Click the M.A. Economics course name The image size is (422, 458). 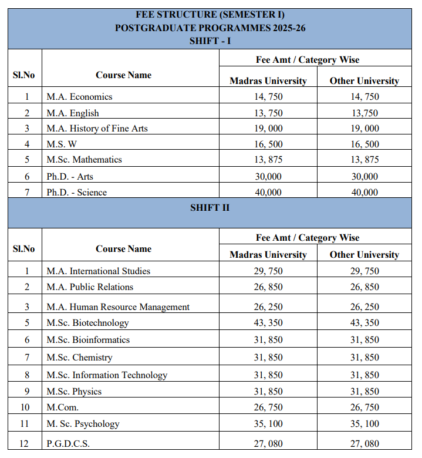[79, 97]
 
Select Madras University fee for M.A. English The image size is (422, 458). [268, 113]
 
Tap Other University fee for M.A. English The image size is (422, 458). [364, 113]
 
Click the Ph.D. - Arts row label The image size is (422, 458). [70, 176]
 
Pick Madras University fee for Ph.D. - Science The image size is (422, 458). [268, 192]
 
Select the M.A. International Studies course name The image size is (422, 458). [99, 271]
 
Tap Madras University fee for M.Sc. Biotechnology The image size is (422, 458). [268, 323]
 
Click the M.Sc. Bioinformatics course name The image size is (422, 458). [88, 340]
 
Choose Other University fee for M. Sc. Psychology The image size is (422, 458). [364, 424]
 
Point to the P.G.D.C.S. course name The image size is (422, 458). [68, 444]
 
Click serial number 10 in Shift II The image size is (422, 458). [24, 407]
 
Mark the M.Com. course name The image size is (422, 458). [63, 407]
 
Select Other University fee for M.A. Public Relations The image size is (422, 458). [364, 287]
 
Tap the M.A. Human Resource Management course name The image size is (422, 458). [118, 307]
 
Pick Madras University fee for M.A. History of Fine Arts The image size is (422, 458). [268, 129]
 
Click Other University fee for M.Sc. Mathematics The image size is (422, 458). [364, 160]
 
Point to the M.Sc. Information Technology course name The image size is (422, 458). [107, 375]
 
